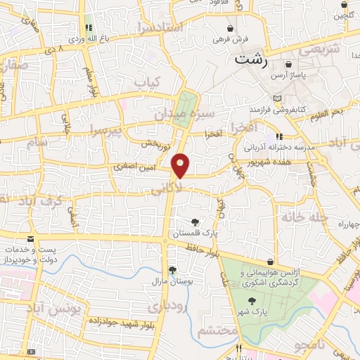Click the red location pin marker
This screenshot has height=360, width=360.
click(x=181, y=166)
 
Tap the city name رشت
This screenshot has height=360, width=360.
click(x=251, y=60)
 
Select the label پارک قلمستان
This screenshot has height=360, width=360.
click(x=195, y=233)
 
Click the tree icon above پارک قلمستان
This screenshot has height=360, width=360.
click(x=195, y=222)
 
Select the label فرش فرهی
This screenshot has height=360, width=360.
click(x=222, y=37)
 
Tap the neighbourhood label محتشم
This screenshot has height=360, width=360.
click(x=214, y=331)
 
